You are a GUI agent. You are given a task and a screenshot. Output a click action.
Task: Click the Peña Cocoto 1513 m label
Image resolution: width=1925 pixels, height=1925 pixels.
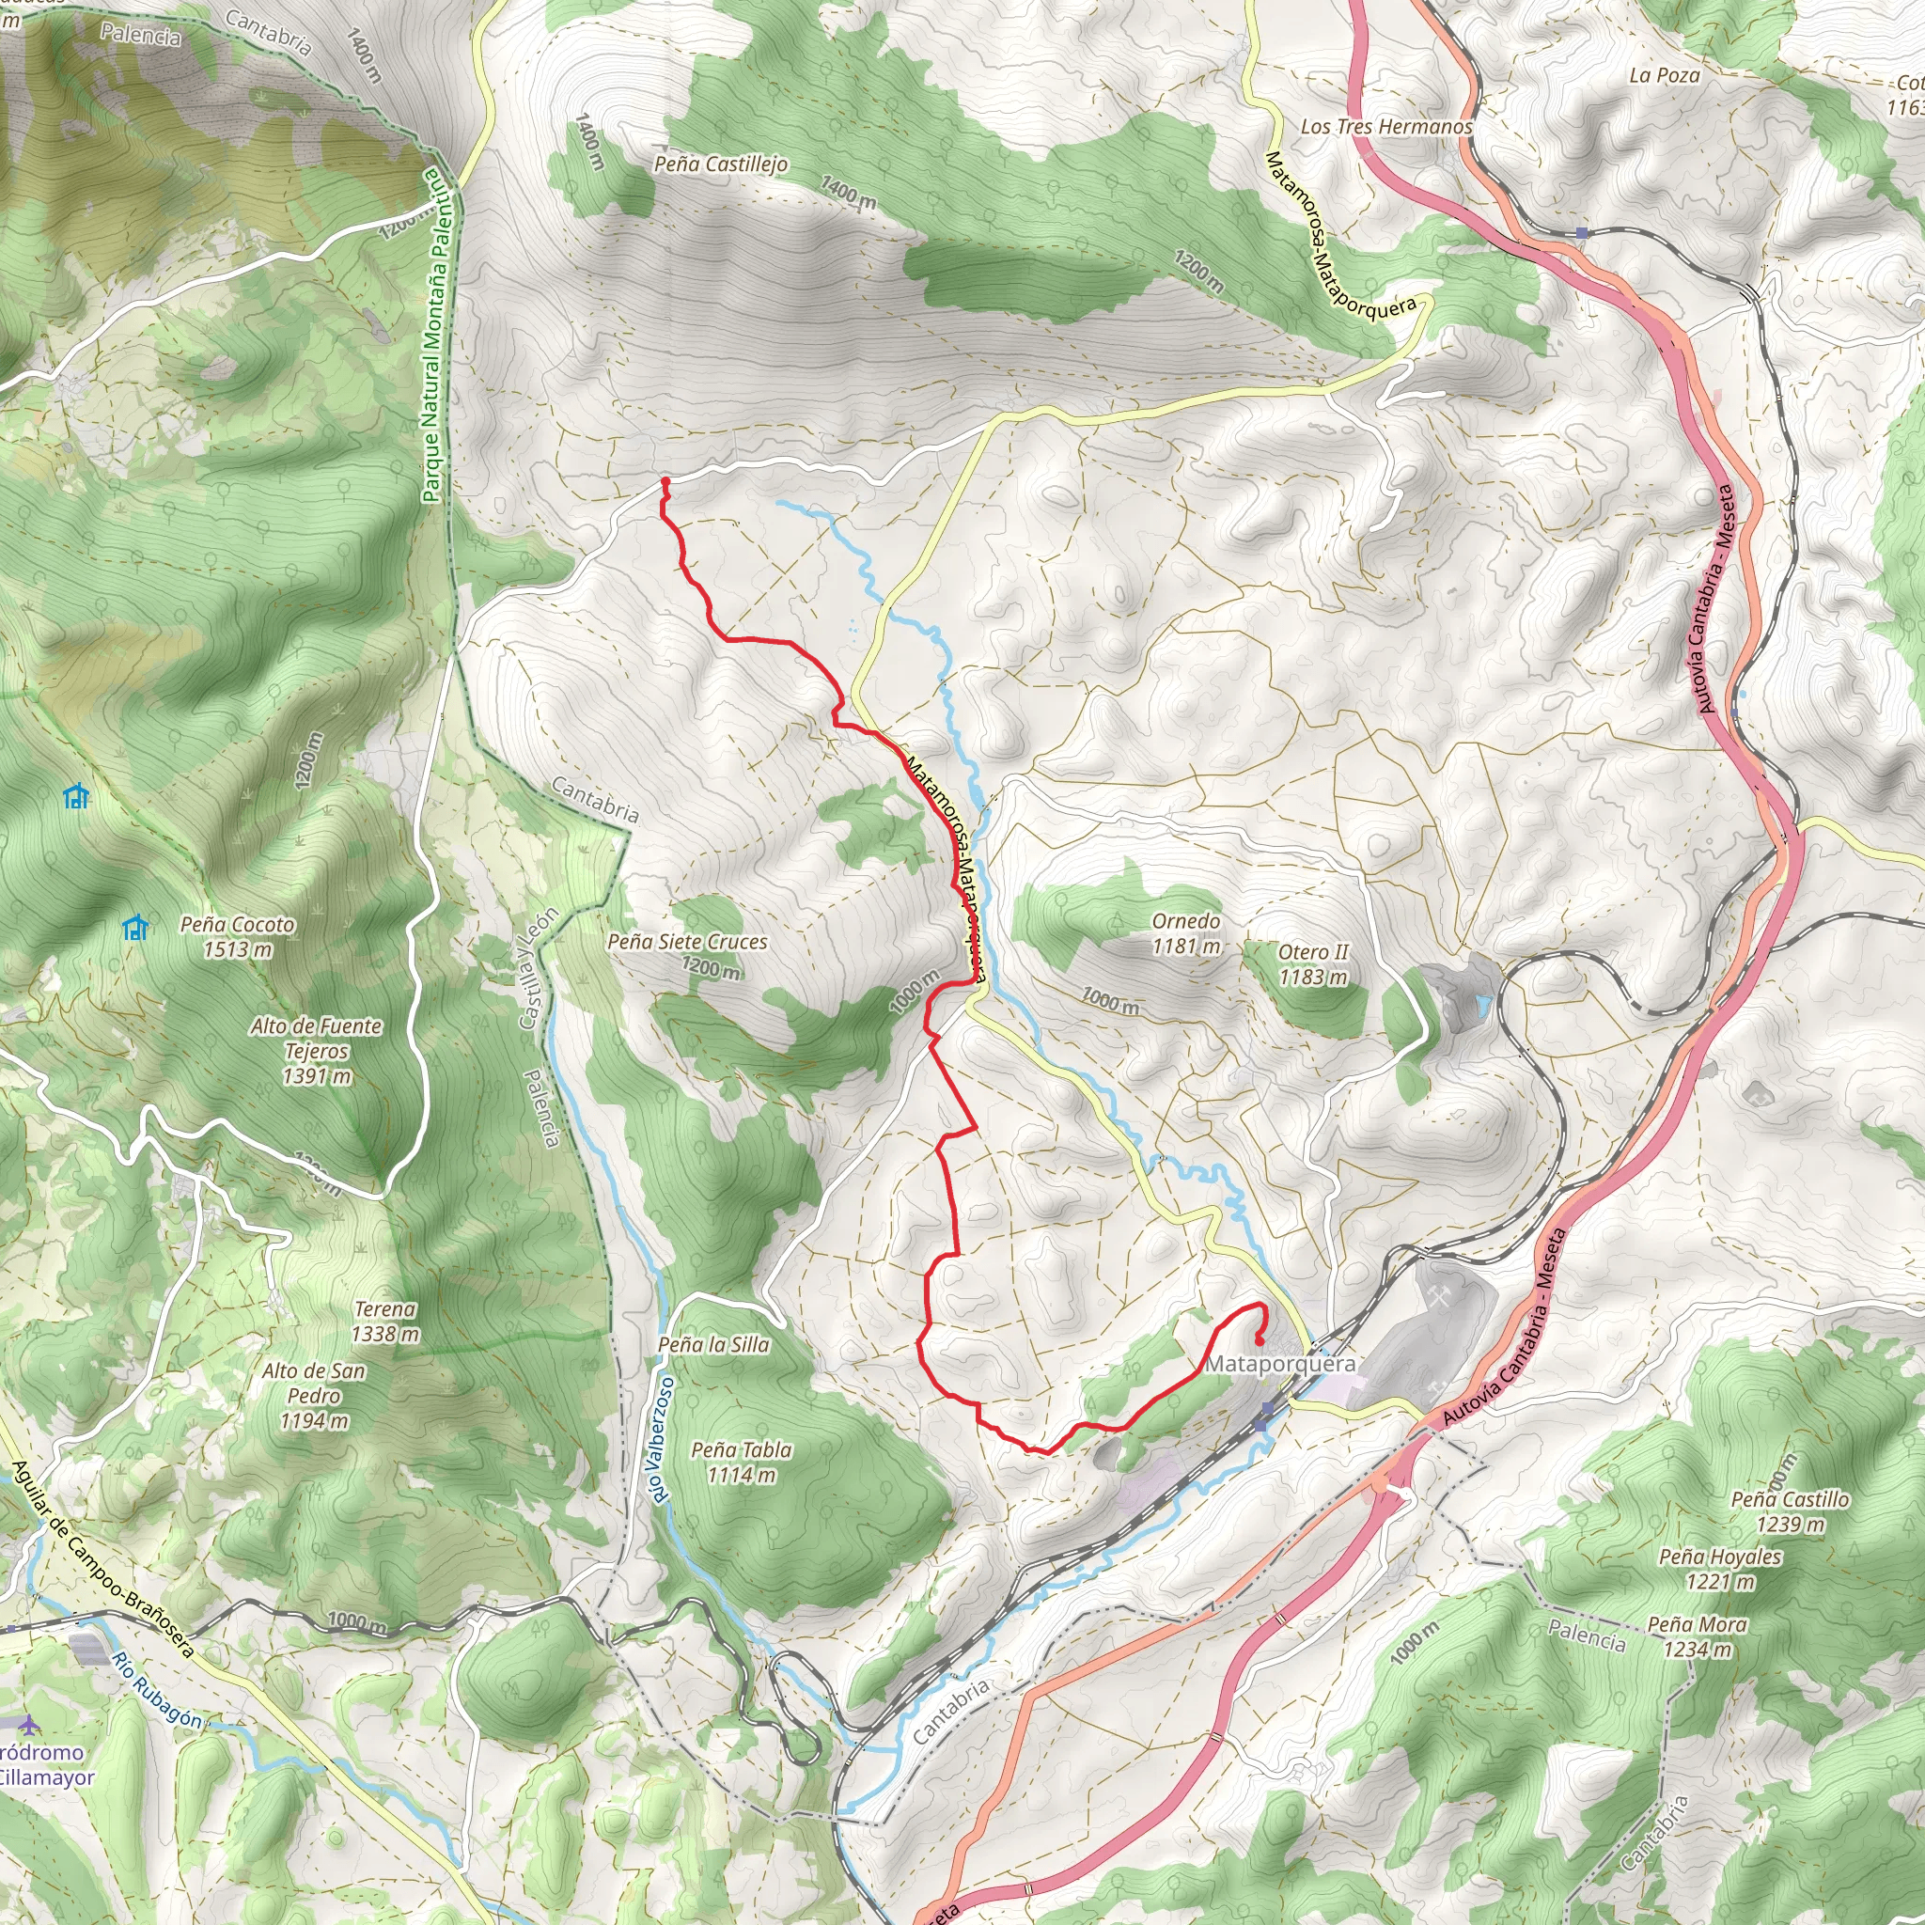point(237,936)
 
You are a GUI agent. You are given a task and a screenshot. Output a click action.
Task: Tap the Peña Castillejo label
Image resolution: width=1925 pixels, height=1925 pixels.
point(720,164)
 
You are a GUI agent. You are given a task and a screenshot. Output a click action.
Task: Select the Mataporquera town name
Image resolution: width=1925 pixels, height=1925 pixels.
point(1280,1364)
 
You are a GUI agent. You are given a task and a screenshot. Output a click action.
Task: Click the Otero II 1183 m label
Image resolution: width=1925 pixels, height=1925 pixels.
point(1313,964)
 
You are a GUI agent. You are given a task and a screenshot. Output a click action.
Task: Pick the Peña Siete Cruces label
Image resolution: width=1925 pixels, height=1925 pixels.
point(687,942)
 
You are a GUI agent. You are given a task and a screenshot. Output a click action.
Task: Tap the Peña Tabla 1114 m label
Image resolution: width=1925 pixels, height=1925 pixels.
point(742,1462)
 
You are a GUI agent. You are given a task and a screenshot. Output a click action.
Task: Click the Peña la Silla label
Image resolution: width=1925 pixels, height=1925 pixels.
point(713,1345)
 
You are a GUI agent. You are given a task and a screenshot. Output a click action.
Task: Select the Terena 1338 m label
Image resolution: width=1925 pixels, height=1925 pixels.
point(384,1322)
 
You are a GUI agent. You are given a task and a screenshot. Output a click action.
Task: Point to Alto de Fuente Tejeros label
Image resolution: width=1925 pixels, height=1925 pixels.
point(316,1050)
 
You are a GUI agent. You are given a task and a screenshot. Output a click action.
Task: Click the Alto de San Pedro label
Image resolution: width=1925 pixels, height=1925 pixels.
point(314,1396)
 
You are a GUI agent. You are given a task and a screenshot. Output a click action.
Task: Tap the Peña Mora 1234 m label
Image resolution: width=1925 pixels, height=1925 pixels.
point(1697,1637)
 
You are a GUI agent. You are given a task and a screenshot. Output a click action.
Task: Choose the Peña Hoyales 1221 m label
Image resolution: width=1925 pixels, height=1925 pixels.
point(1720,1569)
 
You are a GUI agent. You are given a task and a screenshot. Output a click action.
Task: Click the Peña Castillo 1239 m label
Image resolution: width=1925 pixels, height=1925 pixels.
point(1790,1511)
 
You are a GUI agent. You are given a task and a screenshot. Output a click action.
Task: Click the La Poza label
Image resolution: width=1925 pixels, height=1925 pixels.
point(1664,76)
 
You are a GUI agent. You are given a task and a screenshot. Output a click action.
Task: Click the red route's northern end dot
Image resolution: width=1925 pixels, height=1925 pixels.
point(665,482)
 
